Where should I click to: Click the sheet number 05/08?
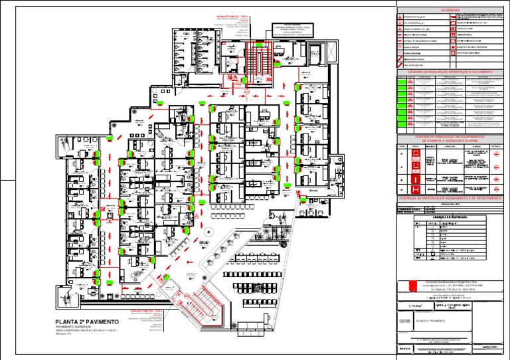pos(404,319)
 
